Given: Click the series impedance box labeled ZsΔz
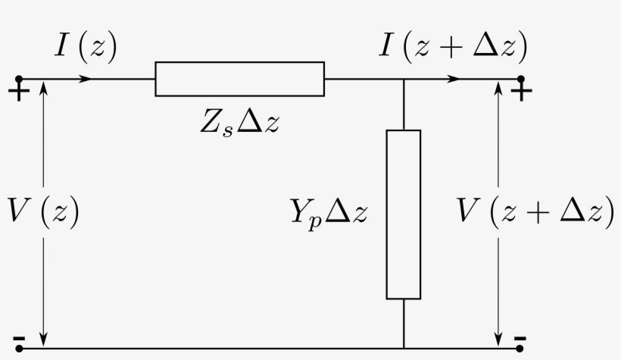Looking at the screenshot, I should coord(239,79).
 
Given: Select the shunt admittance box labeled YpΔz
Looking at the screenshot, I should coord(403,214).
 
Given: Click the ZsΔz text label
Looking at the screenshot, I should coord(240,123).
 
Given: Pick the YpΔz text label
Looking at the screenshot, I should coord(329,213).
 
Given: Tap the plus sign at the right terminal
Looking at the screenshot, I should coord(521,92).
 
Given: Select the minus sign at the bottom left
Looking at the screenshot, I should coord(18,337).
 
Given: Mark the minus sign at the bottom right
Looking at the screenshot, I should coord(520,337).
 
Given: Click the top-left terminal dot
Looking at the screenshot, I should coord(18,79).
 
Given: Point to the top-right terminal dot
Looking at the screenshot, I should coord(520,79).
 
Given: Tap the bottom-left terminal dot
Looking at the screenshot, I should coord(18,349).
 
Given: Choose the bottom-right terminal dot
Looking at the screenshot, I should coord(520,349).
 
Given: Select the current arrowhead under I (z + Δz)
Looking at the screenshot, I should coord(454,79).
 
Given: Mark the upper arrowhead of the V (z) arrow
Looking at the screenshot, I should coord(44,88).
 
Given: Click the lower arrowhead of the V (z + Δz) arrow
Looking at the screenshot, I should coord(498,337).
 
